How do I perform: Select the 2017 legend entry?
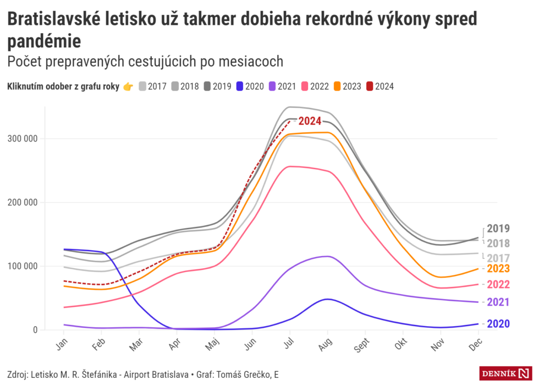click(x=152, y=86)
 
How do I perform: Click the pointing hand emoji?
click(x=128, y=86)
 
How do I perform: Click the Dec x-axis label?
click(x=476, y=344)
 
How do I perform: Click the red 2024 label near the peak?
click(x=310, y=121)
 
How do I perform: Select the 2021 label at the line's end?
click(x=498, y=302)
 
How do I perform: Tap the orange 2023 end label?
click(x=498, y=269)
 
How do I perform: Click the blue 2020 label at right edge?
click(x=498, y=324)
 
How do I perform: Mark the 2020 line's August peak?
click(x=328, y=299)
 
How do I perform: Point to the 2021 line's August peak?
click(x=328, y=256)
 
